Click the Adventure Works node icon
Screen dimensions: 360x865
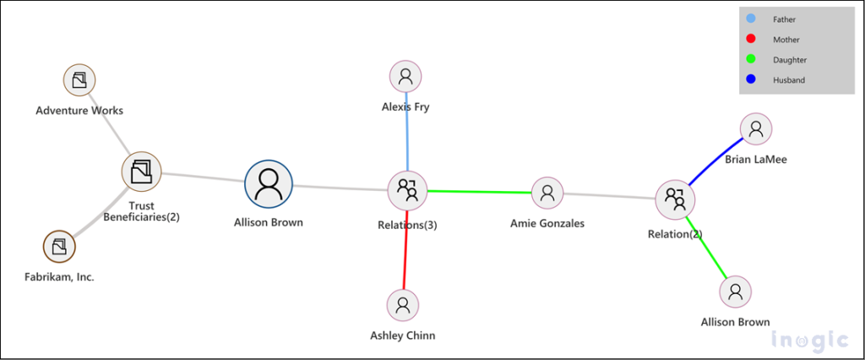(x=79, y=80)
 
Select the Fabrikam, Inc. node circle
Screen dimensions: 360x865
(x=58, y=247)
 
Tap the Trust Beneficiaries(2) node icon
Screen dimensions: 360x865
(x=141, y=172)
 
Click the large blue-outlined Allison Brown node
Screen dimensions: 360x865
(x=269, y=184)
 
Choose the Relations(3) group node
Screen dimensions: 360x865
(x=407, y=190)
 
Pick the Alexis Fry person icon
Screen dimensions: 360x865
(x=406, y=77)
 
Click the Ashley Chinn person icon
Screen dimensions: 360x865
(x=403, y=304)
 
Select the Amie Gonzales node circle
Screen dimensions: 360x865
(x=547, y=194)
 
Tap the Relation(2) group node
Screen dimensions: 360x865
(x=675, y=199)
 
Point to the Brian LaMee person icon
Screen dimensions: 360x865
(x=756, y=128)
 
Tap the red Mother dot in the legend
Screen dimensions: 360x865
(x=752, y=39)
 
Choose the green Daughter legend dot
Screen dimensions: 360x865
(x=752, y=59)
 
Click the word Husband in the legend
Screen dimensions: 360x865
(x=788, y=80)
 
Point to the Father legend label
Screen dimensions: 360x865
(x=784, y=19)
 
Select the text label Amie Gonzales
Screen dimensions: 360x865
(x=547, y=223)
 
